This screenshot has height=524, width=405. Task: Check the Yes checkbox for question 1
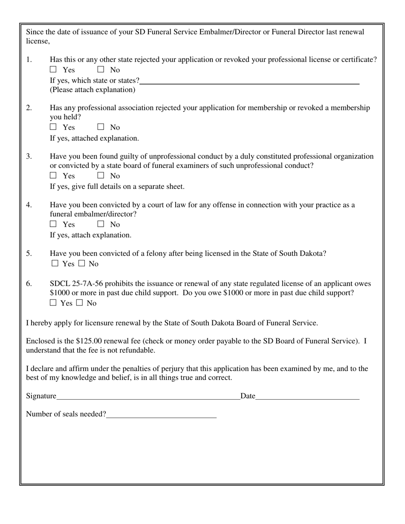(x=53, y=69)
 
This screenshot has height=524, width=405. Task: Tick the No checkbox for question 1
(x=101, y=69)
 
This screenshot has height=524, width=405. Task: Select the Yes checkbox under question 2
(x=53, y=127)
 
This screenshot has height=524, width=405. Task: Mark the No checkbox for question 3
(x=101, y=176)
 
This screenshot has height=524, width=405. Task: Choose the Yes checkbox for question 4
(x=53, y=224)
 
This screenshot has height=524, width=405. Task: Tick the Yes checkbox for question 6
(x=53, y=303)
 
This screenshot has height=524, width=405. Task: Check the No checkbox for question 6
(x=80, y=303)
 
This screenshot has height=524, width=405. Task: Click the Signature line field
(x=148, y=397)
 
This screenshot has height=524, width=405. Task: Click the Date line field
(x=307, y=397)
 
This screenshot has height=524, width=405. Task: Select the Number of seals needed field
(x=161, y=415)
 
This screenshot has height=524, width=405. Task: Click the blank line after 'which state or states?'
(x=249, y=81)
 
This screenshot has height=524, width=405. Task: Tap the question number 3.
(x=29, y=156)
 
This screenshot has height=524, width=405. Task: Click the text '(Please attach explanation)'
(x=93, y=89)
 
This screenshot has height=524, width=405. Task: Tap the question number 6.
(x=29, y=284)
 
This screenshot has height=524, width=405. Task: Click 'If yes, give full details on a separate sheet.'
(x=117, y=187)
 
